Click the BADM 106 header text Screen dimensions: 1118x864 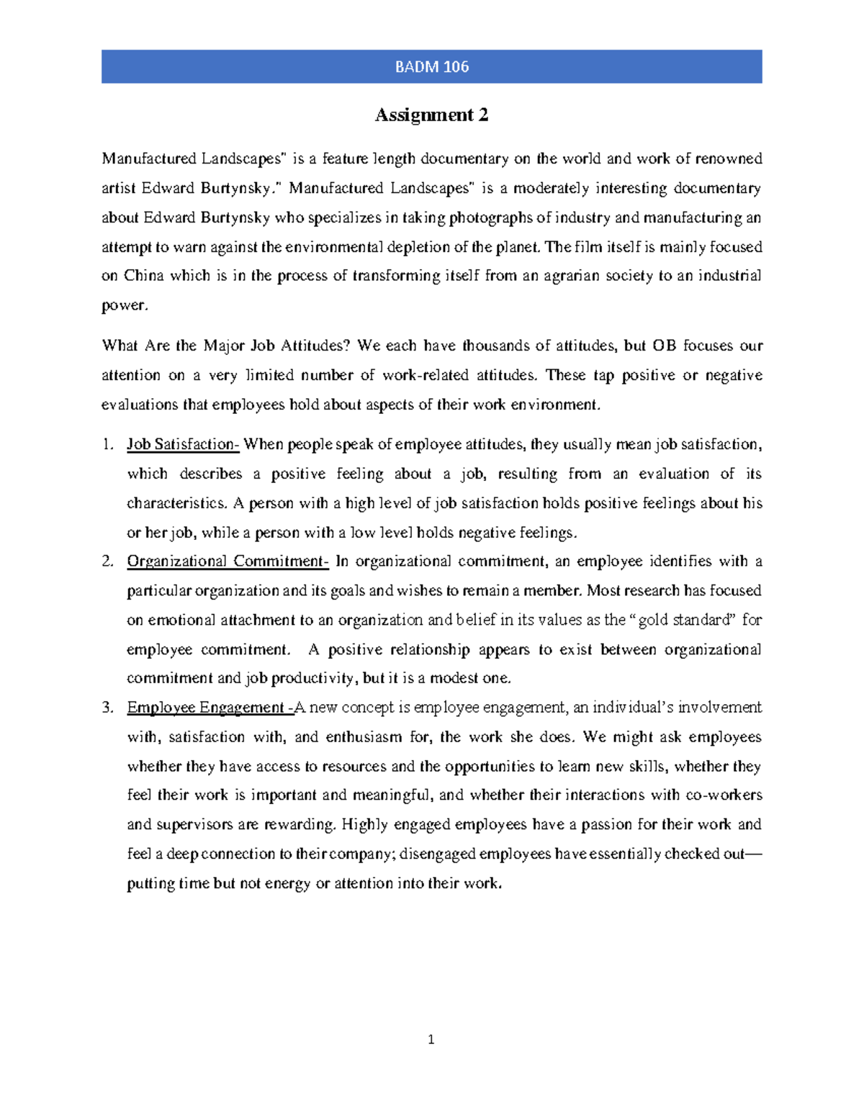pos(431,67)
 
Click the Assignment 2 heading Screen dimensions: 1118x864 pos(431,115)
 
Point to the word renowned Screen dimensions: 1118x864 pos(728,158)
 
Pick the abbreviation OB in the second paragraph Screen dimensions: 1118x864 pos(664,346)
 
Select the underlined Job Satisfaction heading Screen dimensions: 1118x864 pos(182,445)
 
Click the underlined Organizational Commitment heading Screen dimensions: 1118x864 pos(228,562)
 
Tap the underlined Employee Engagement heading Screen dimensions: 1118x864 pos(210,708)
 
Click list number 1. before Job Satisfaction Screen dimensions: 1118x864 pos(108,445)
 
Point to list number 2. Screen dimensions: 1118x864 pos(108,562)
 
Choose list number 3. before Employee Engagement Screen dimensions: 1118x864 pos(108,708)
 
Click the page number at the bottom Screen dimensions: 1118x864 pos(431,1040)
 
